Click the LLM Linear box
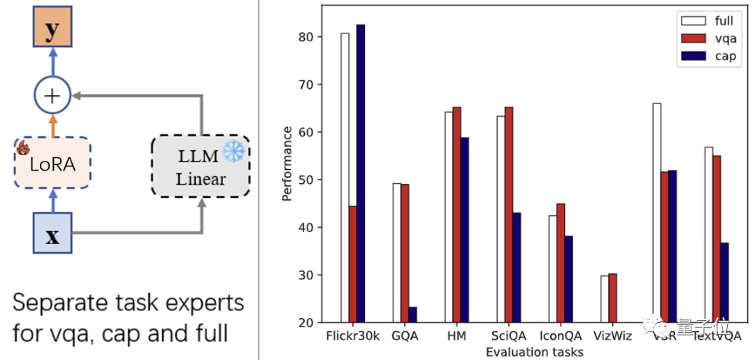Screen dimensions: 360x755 [201, 166]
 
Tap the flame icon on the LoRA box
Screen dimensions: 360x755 [22, 148]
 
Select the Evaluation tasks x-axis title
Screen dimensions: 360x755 [534, 352]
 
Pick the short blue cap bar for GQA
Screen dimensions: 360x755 [412, 315]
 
